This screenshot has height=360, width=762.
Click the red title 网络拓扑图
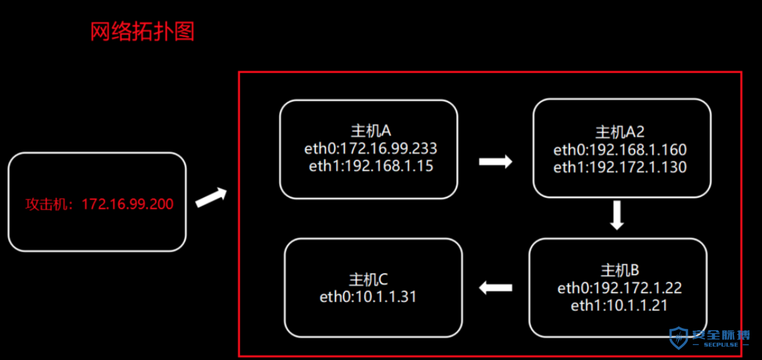coord(142,31)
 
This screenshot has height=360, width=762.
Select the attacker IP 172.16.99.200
coord(128,204)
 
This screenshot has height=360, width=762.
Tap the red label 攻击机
coord(47,205)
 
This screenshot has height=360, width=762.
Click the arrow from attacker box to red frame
coord(211,197)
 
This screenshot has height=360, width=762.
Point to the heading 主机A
coord(371,130)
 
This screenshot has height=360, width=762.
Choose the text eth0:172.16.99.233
coord(370,148)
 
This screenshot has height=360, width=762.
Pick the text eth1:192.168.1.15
coord(371,166)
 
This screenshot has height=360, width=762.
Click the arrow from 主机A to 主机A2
coord(496,162)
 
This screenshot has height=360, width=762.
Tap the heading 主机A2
coord(620,132)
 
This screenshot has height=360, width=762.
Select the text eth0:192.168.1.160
coord(620,150)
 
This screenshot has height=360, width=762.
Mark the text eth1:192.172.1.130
coord(620,167)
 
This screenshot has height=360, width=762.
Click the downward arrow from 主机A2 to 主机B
coord(617,215)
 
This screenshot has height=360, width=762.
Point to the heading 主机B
coord(620,271)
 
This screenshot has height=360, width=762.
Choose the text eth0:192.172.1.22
coord(619,288)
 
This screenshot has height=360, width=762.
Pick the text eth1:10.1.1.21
coord(619,306)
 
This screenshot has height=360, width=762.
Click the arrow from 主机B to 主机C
coord(496,288)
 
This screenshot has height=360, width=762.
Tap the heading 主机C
coord(368,280)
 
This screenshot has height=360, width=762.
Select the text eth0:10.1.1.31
coord(368,297)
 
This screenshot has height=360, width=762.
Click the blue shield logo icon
coord(678,338)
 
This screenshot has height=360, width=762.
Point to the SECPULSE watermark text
coord(721,344)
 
